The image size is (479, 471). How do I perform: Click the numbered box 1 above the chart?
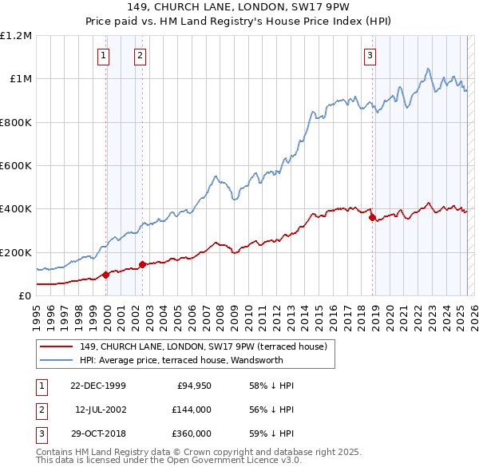pos(105,56)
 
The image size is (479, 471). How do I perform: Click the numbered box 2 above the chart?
pos(140,56)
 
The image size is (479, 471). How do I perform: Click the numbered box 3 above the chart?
pos(370,56)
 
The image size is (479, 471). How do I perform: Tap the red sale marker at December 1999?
pos(106,275)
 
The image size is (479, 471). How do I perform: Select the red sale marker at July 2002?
pos(142,264)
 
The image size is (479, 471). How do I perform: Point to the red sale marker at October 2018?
pos(372,217)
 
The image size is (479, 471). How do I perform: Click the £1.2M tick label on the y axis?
pos(16,36)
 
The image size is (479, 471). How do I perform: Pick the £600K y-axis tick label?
pos(16,166)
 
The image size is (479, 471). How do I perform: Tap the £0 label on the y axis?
pos(24,295)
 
